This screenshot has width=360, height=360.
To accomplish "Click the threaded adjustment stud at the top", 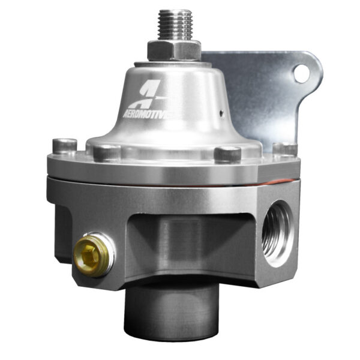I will pos(175,27).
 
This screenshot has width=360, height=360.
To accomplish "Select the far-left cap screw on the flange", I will pos(64,146).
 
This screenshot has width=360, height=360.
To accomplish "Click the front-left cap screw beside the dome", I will pos(107,152).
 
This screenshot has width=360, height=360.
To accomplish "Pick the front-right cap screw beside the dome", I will pos(227,154).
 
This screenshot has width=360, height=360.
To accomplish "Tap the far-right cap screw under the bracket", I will pos(284,149).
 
